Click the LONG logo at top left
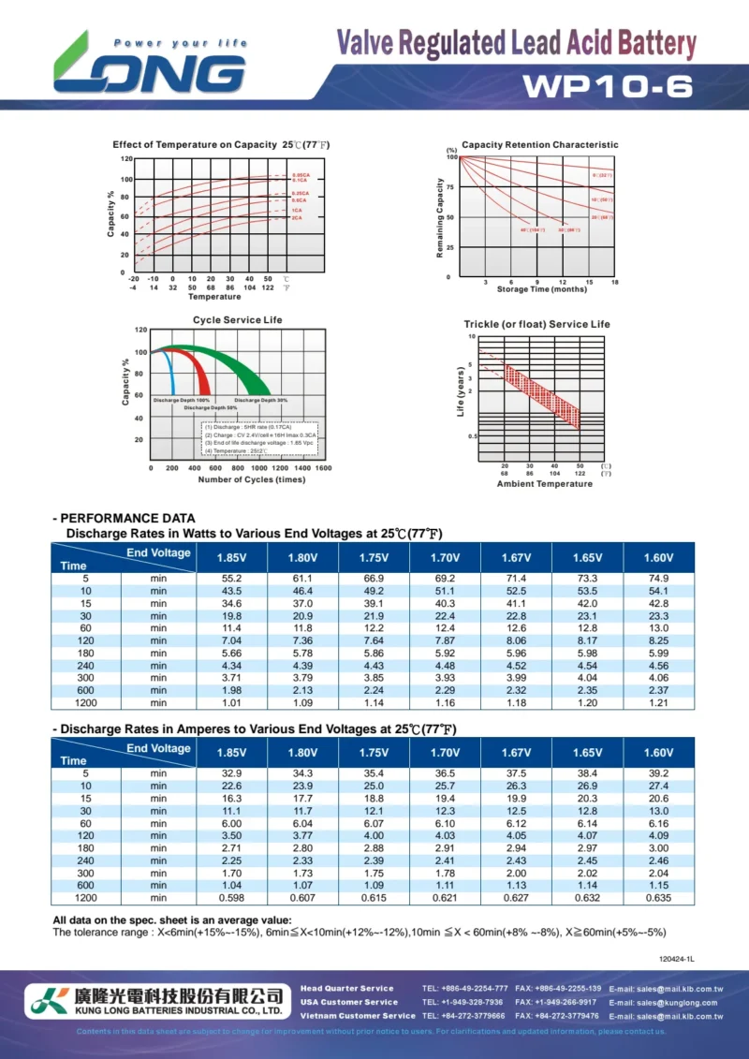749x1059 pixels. pos(150,66)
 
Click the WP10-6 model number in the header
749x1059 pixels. pos(608,86)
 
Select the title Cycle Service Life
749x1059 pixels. pos(237,320)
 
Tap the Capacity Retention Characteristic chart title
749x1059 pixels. pos(539,145)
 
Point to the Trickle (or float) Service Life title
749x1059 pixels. pos(536,324)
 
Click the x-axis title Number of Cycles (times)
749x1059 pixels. pos(251,479)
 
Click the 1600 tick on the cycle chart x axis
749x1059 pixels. pos(323,467)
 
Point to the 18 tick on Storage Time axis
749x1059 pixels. pos(614,282)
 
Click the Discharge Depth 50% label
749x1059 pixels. pos(210,408)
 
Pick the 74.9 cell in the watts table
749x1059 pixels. pos(658,579)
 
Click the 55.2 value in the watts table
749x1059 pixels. pos(231,579)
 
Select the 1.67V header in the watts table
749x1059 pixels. pos(516,558)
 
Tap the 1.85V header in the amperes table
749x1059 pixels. pos(231,753)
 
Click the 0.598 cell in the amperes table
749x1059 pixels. pos(231,898)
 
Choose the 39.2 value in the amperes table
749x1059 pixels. pos(658,773)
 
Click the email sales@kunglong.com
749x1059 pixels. pos(666,1002)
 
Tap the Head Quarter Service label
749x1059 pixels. pos(347,989)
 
